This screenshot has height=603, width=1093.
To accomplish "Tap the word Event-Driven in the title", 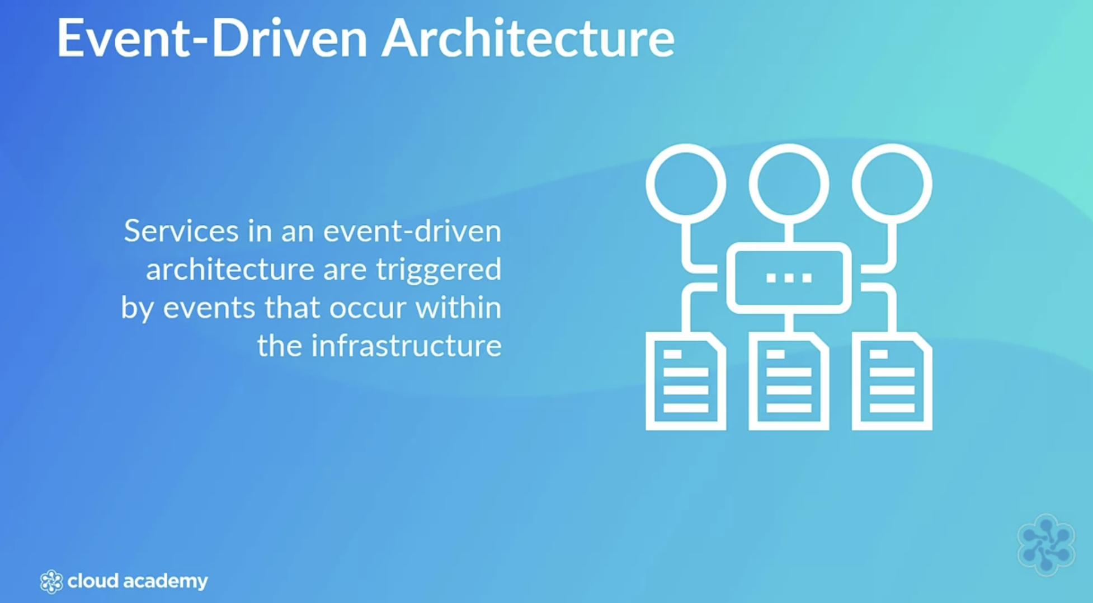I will point(212,38).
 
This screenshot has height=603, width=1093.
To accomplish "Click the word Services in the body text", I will point(181,230).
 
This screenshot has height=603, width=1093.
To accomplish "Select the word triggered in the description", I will point(439,270).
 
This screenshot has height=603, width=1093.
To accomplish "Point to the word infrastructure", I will point(406,346).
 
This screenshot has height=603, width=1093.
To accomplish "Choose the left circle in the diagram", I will point(686,183).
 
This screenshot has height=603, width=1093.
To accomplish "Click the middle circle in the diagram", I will point(789,183).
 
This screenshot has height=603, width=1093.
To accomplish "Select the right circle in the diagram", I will point(892,183).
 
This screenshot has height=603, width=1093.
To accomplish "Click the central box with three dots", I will point(789,278).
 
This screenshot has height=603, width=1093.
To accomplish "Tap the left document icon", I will point(686,381).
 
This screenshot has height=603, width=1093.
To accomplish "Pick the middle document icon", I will point(789,381).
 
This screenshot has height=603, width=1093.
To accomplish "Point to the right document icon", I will point(892,381).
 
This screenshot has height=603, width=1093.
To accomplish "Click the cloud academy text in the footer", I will point(137,581).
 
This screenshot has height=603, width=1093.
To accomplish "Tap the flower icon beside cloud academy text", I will point(51,582).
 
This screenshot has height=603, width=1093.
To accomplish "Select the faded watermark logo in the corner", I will point(1045,544).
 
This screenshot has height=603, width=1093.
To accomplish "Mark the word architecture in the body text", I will point(230,270).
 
